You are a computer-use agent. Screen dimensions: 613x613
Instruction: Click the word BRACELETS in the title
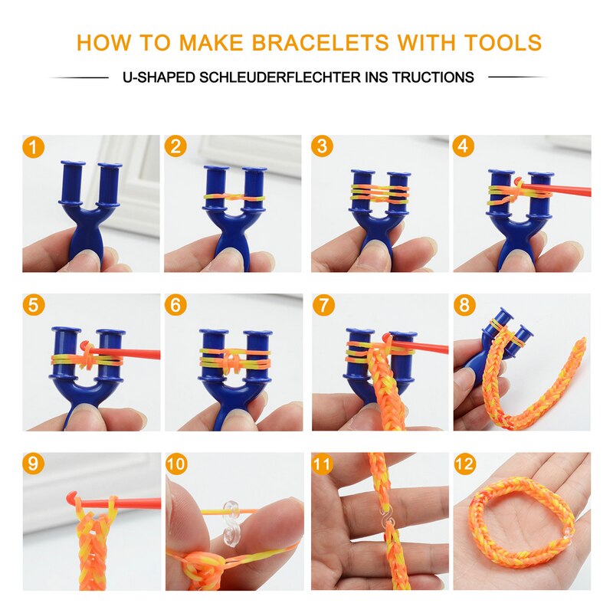(320, 43)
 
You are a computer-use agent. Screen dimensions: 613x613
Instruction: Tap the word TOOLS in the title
(503, 43)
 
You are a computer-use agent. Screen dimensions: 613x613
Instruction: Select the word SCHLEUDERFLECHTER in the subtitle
(280, 77)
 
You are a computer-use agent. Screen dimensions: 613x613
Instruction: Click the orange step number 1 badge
(33, 147)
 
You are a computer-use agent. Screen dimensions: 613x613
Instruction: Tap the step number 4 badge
(464, 146)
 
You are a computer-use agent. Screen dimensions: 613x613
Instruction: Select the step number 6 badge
(175, 304)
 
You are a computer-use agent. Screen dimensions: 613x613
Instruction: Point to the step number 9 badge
(33, 464)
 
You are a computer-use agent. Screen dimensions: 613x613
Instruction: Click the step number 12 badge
(464, 464)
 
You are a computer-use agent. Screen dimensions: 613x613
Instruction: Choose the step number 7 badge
(323, 304)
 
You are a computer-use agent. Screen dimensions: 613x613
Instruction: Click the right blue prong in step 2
(254, 188)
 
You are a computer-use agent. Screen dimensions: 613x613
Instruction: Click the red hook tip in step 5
(84, 346)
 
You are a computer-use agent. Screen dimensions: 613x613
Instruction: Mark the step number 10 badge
(176, 464)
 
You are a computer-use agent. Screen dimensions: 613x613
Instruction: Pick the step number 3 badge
(322, 146)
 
